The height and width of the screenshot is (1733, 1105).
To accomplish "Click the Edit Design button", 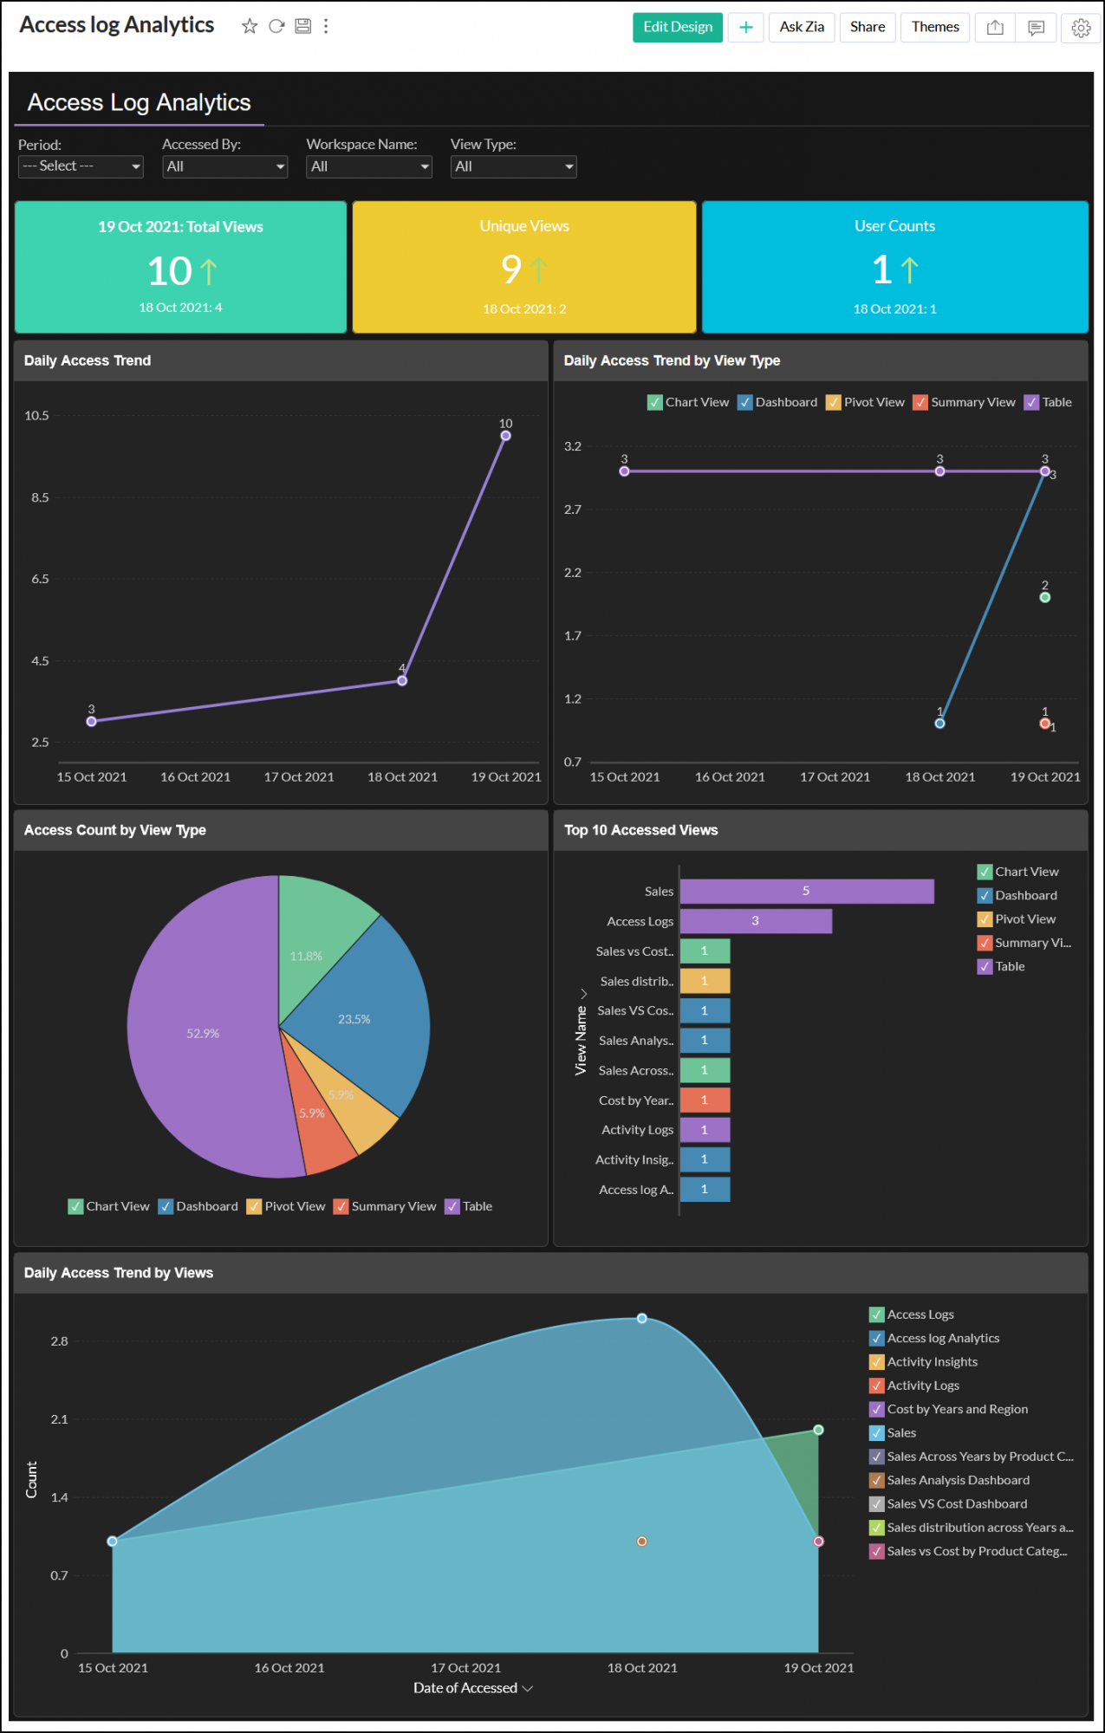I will coord(677,27).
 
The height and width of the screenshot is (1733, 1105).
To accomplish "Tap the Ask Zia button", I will coord(801,27).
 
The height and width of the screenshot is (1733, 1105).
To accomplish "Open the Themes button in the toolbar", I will coord(934,27).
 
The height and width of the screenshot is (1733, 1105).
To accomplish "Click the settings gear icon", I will coord(1081,28).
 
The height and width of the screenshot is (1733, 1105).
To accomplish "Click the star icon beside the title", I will coord(250,26).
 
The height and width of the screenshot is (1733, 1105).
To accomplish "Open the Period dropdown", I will coord(81,166).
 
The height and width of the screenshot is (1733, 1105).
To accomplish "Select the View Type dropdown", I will coord(513,166).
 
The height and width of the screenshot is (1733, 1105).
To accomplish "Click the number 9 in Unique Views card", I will coord(511,269).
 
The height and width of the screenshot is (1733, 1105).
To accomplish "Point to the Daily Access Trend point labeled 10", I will coord(505,436).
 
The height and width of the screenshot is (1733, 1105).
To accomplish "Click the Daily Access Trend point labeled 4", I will coord(402,681).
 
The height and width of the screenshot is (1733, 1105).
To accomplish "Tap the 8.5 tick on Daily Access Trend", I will coord(40,497).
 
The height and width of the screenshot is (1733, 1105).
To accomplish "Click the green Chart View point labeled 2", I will coord(1044,598).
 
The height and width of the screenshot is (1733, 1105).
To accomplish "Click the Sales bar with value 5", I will coord(806,892).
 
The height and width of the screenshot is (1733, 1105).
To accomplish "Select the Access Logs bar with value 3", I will coord(755,921).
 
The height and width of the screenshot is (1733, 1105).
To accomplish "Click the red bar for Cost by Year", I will coord(705,1100).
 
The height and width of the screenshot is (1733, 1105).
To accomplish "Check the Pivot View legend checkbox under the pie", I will coord(254,1207).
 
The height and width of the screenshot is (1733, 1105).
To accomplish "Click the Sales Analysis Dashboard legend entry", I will coord(958,1480).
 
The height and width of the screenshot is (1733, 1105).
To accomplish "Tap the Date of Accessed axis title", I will coord(465,1688).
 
